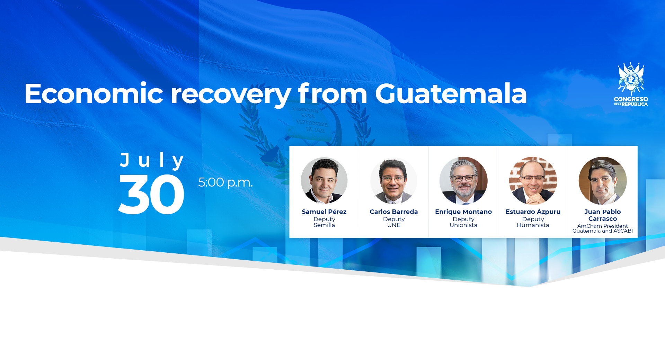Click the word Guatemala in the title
pyautogui.click(x=451, y=93)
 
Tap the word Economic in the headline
pyautogui.click(x=94, y=93)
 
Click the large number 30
pyautogui.click(x=151, y=194)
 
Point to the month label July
pyautogui.click(x=152, y=161)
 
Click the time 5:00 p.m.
pyautogui.click(x=225, y=182)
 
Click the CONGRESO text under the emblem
pyautogui.click(x=631, y=99)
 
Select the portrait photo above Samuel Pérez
pyautogui.click(x=324, y=180)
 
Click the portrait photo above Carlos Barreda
pyautogui.click(x=394, y=180)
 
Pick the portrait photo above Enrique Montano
pyautogui.click(x=463, y=180)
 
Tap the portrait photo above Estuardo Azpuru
pyautogui.click(x=533, y=180)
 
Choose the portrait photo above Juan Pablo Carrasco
pyautogui.click(x=603, y=180)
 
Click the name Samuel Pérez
pyautogui.click(x=324, y=211)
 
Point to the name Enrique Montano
pyautogui.click(x=463, y=211)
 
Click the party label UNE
pyautogui.click(x=394, y=225)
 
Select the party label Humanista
pyautogui.click(x=533, y=225)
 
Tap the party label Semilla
pyautogui.click(x=324, y=225)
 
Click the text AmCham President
pyautogui.click(x=603, y=226)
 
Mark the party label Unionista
pyautogui.click(x=463, y=225)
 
